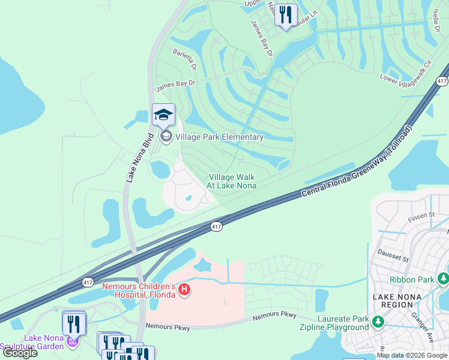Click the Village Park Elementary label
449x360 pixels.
click(219, 137)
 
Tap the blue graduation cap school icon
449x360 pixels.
click(163, 115)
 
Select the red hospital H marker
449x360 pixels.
click(185, 291)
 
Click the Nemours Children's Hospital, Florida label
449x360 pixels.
click(139, 290)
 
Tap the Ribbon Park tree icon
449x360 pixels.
click(443, 279)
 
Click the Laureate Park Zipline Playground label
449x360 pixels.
click(334, 323)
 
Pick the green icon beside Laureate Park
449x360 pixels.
click(378, 323)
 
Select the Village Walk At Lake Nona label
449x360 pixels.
click(232, 181)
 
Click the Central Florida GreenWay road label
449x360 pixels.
click(357, 161)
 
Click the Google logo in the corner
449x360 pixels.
click(20, 353)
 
